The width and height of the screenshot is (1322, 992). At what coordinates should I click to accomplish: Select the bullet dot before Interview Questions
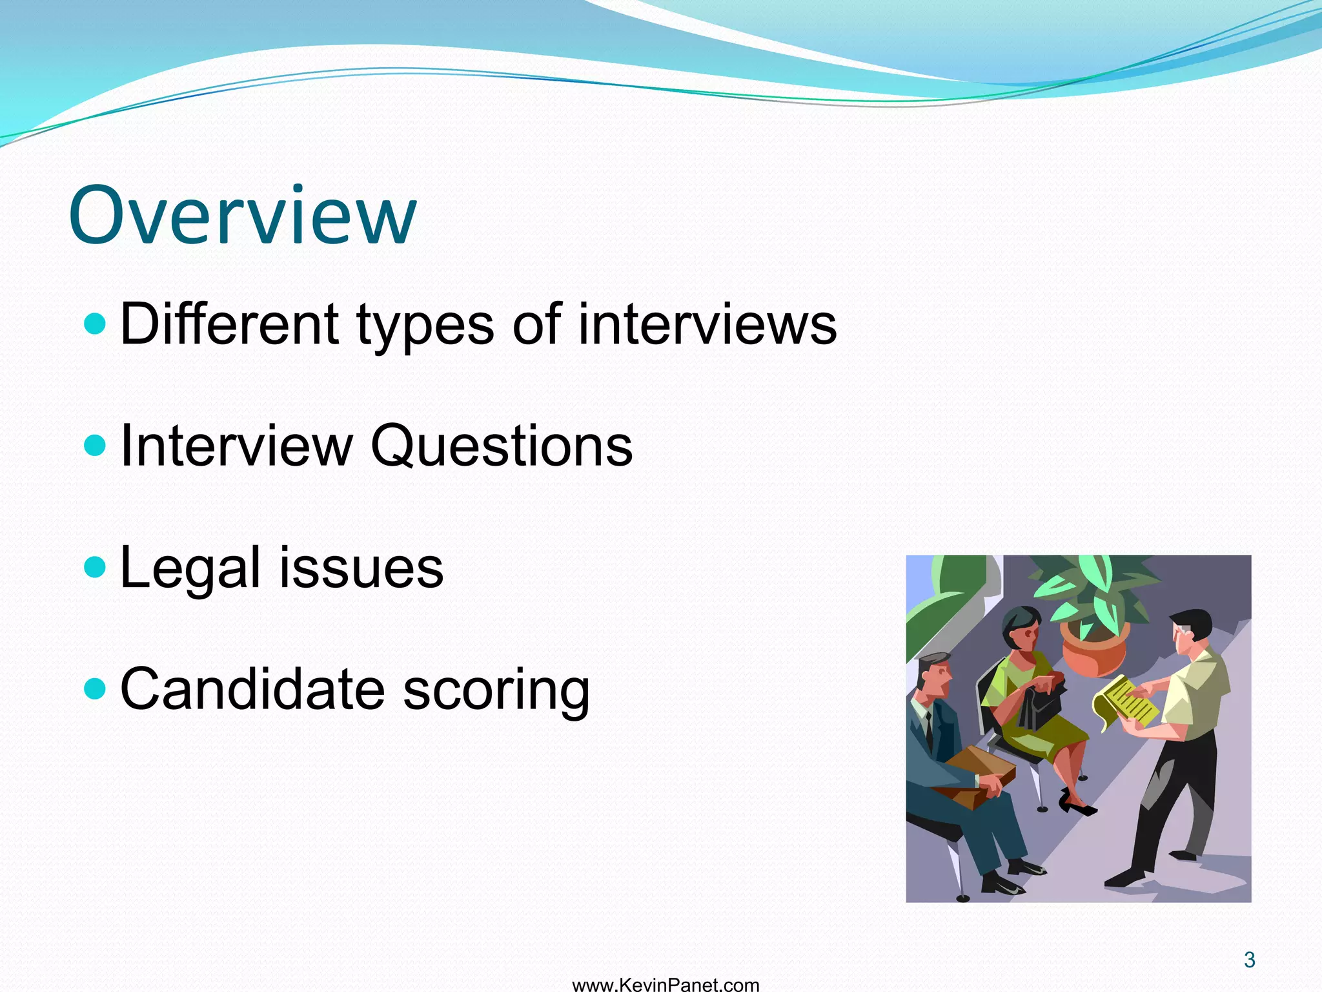(95, 445)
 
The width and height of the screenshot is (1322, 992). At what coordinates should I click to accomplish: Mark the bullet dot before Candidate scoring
(95, 688)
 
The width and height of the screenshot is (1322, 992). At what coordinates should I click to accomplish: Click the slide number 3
(1249, 960)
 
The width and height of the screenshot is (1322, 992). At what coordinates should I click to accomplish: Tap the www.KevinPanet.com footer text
(666, 984)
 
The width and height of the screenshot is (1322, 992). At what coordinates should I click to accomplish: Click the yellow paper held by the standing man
(1124, 704)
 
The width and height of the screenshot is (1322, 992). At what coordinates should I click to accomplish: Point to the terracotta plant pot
(1095, 648)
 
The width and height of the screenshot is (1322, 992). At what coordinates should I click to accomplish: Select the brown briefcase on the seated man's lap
(975, 775)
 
